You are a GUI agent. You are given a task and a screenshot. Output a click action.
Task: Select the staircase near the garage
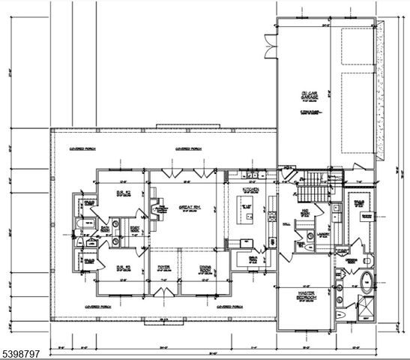click(313, 185)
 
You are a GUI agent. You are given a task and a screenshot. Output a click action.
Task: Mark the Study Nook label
click(136, 229)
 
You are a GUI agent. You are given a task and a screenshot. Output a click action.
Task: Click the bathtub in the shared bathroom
click(82, 228)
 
